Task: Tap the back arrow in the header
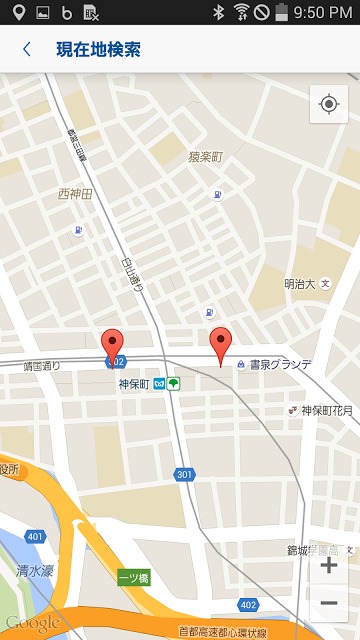pyautogui.click(x=27, y=49)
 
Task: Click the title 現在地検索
pyautogui.click(x=98, y=49)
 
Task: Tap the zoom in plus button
pyautogui.click(x=328, y=566)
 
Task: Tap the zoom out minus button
pyautogui.click(x=328, y=603)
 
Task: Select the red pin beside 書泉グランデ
pyautogui.click(x=221, y=345)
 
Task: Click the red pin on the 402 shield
pyautogui.click(x=113, y=345)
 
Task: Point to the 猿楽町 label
pyautogui.click(x=205, y=157)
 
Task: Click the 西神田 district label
pyautogui.click(x=75, y=194)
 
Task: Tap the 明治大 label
pyautogui.click(x=300, y=284)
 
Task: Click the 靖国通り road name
pyautogui.click(x=42, y=366)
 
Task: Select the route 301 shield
pyautogui.click(x=182, y=473)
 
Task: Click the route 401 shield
pyautogui.click(x=36, y=537)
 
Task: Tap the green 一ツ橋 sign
pyautogui.click(x=133, y=579)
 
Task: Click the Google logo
pyautogui.click(x=32, y=623)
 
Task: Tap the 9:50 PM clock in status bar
pyautogui.click(x=323, y=12)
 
